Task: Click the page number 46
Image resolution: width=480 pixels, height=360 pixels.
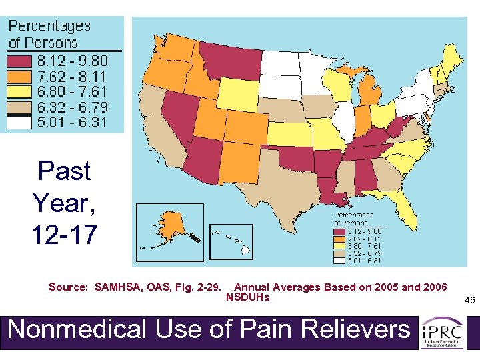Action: click(x=469, y=301)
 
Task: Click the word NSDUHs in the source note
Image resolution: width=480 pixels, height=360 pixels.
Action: click(x=248, y=297)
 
